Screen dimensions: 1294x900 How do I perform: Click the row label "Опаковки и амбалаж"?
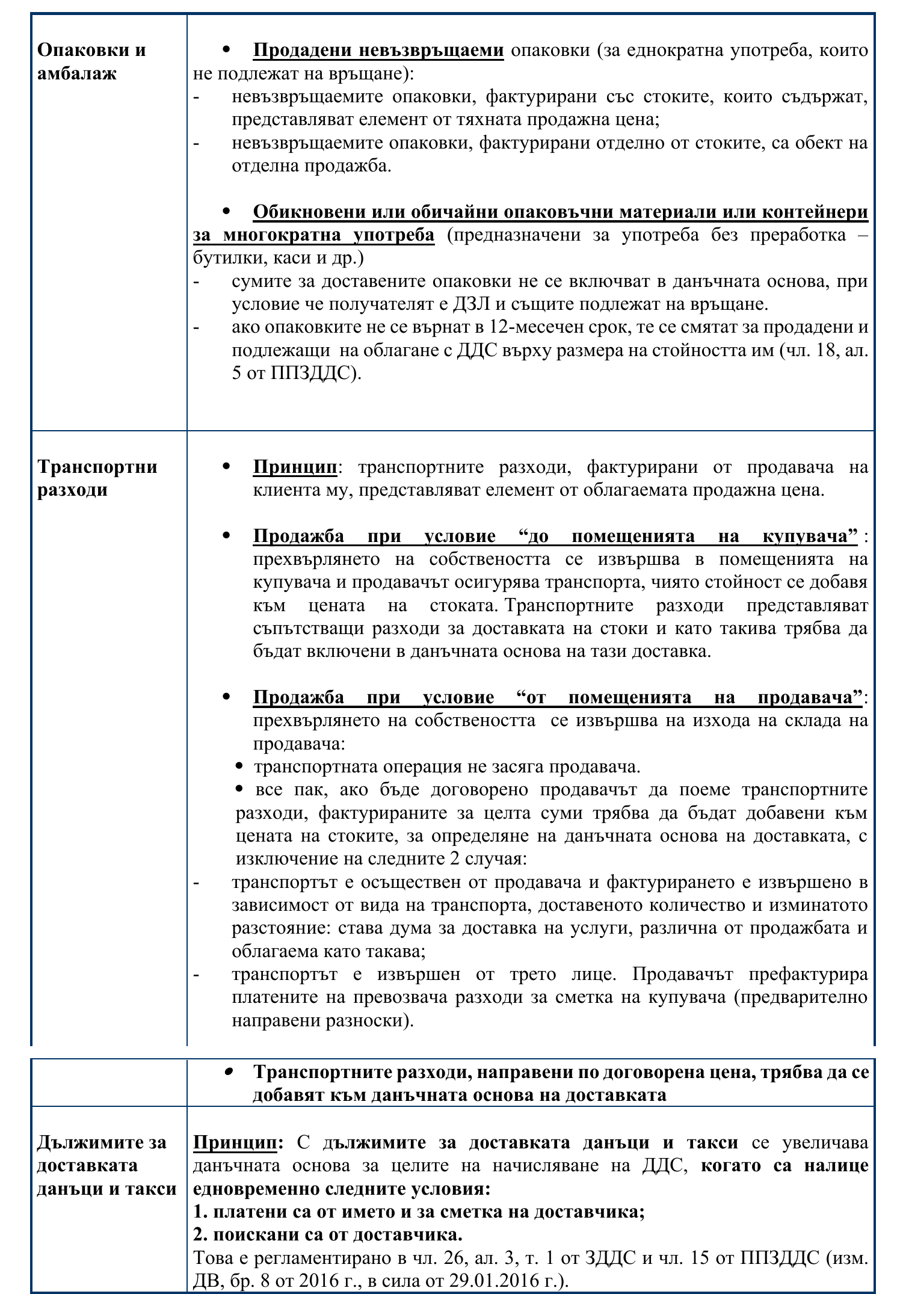(x=91, y=61)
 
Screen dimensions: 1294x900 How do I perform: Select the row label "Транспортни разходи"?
(x=97, y=478)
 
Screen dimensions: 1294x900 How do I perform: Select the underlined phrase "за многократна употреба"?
(x=313, y=235)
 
